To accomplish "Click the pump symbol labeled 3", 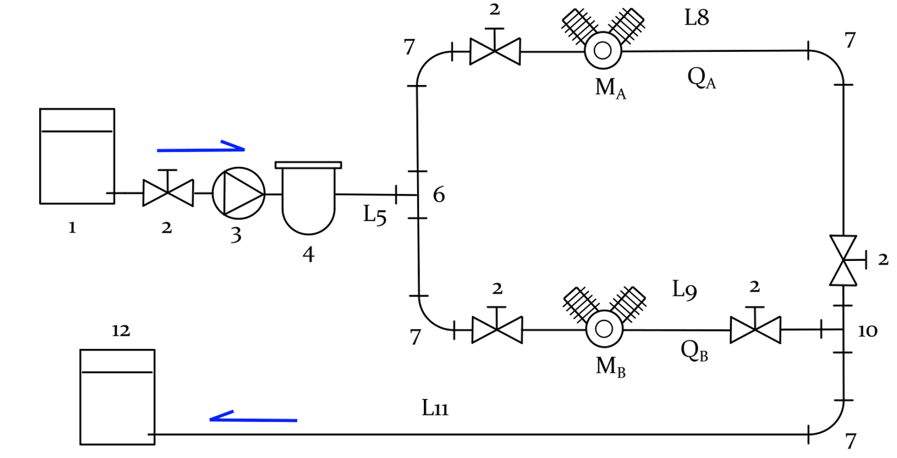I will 239,193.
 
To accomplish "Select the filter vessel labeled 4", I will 308,199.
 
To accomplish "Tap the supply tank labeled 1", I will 77,156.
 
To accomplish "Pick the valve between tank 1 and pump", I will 168,193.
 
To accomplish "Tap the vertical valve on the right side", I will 843,260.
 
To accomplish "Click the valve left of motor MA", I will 494,52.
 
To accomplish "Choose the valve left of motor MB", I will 497,330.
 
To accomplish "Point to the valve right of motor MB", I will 755,330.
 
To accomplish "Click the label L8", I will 696,18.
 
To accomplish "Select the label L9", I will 685,290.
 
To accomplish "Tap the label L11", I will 435,409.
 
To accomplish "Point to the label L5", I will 374,215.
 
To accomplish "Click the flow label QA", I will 702,78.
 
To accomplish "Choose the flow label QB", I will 694,351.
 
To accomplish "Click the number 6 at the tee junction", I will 439,195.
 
